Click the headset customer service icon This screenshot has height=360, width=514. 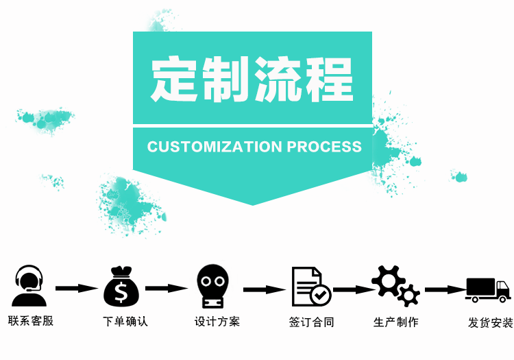pyautogui.click(x=29, y=286)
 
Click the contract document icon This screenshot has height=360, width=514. pyautogui.click(x=310, y=286)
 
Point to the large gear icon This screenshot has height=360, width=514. pyautogui.click(x=387, y=280)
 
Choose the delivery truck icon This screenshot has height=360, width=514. pyautogui.click(x=488, y=289)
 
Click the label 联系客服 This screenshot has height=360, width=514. pyautogui.click(x=30, y=320)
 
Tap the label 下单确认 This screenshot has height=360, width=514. pyautogui.click(x=125, y=321)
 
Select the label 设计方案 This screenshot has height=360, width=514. pyautogui.click(x=217, y=321)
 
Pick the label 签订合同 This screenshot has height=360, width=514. pyautogui.click(x=311, y=322)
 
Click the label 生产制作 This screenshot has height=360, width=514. pyautogui.click(x=395, y=322)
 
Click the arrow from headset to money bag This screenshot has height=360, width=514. pyautogui.click(x=76, y=288)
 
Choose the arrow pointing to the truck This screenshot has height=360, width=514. pyautogui.click(x=445, y=289)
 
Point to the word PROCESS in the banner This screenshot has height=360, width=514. pyautogui.click(x=324, y=147)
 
